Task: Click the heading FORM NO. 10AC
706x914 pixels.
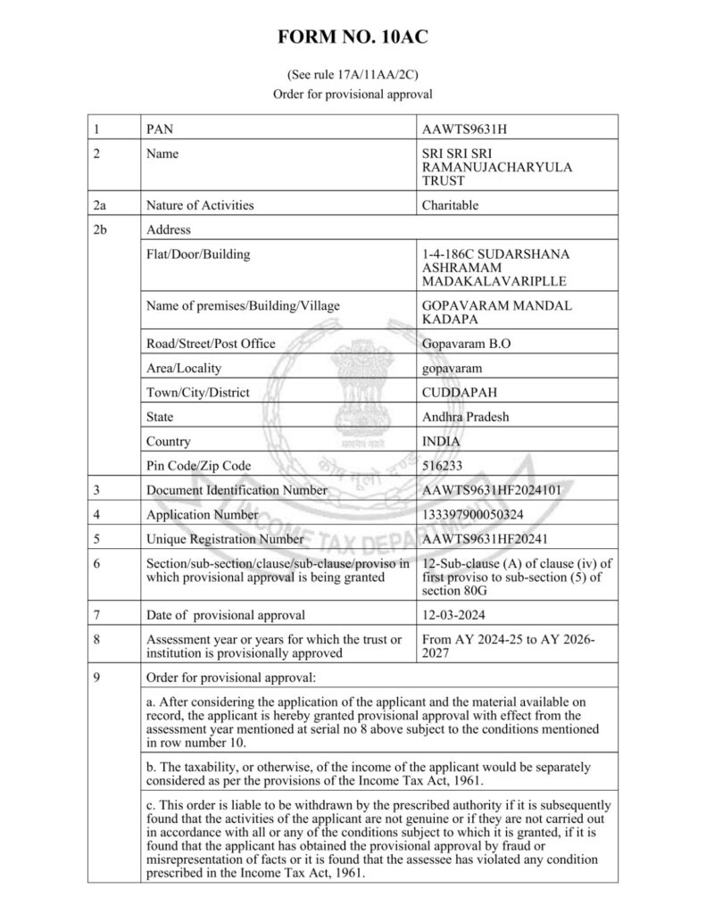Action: [353, 37]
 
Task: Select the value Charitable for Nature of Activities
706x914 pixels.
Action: [450, 205]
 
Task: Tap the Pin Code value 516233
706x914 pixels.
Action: [442, 465]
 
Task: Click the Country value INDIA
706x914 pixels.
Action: [442, 441]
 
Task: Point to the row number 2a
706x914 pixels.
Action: [100, 205]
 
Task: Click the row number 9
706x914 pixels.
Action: [96, 677]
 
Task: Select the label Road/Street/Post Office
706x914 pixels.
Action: [211, 344]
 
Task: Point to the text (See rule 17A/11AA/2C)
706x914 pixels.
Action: [353, 75]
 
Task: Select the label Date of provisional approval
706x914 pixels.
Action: [225, 615]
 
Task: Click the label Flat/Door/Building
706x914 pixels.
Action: [198, 254]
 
